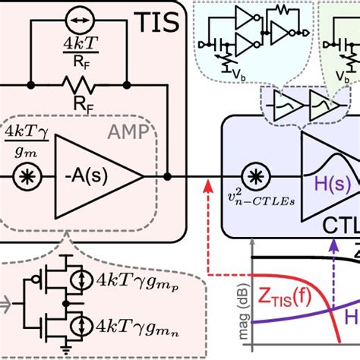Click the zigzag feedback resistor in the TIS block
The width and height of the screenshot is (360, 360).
pyautogui.click(x=77, y=80)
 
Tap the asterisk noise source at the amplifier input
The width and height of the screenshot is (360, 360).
pyautogui.click(x=28, y=177)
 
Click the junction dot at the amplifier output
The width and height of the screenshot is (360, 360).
pyautogui.click(x=168, y=177)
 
